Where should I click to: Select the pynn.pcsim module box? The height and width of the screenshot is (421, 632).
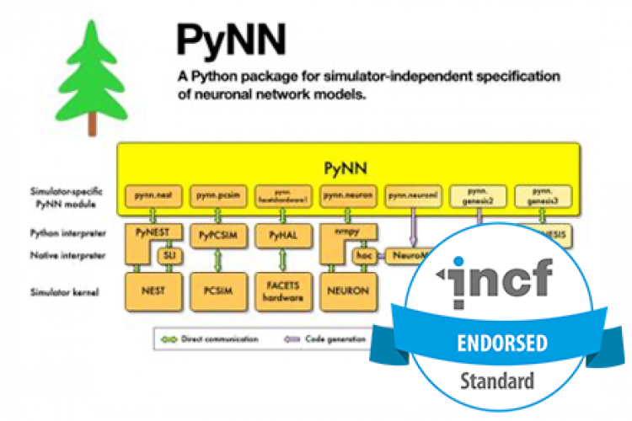click(215, 195)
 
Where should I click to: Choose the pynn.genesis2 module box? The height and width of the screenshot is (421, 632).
click(477, 195)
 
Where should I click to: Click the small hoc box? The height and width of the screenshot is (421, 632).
click(364, 254)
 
